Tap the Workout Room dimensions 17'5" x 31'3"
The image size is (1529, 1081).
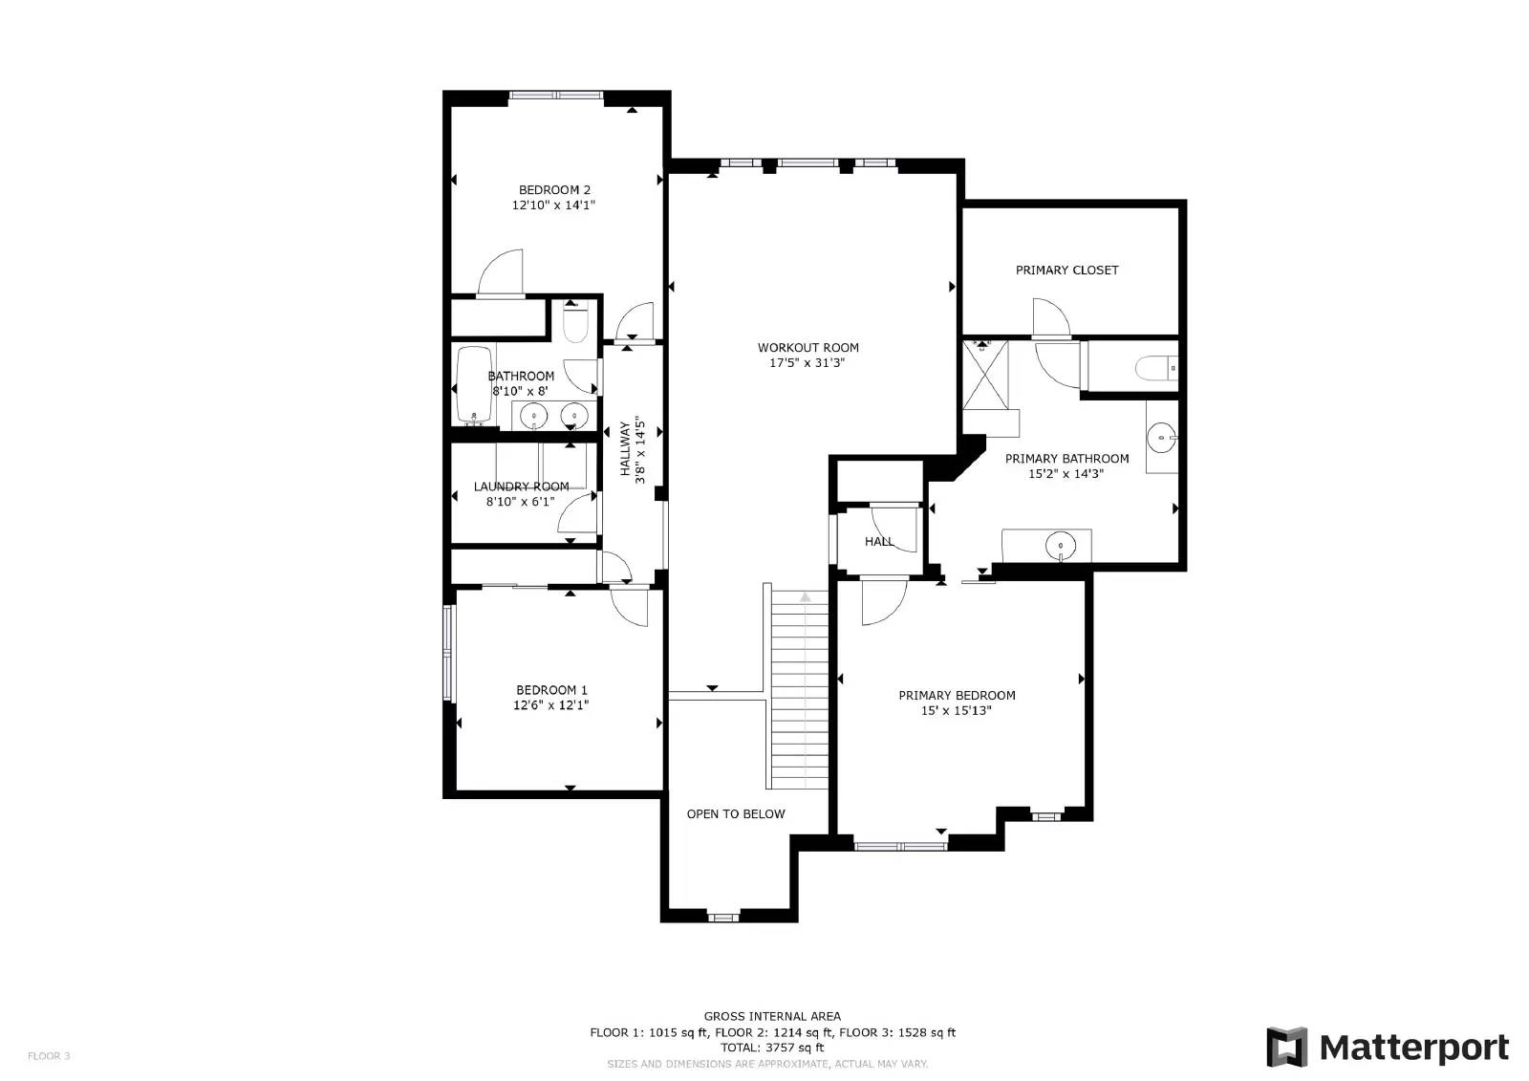808,363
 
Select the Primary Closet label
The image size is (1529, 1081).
1066,270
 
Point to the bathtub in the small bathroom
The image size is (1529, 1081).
473,385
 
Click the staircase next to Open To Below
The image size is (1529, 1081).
799,688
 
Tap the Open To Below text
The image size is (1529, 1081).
736,814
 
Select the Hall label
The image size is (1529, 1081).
879,542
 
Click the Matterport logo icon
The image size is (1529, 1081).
1286,1047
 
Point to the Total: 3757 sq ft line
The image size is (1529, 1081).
772,1048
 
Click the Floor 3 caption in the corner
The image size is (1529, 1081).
49,1056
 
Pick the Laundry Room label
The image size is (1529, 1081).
521,486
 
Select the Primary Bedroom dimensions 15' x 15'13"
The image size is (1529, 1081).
957,711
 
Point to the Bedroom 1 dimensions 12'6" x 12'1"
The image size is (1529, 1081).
551,705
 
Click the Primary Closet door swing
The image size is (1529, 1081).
1051,319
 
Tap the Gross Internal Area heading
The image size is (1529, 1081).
772,1016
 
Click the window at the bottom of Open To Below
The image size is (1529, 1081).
723,918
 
